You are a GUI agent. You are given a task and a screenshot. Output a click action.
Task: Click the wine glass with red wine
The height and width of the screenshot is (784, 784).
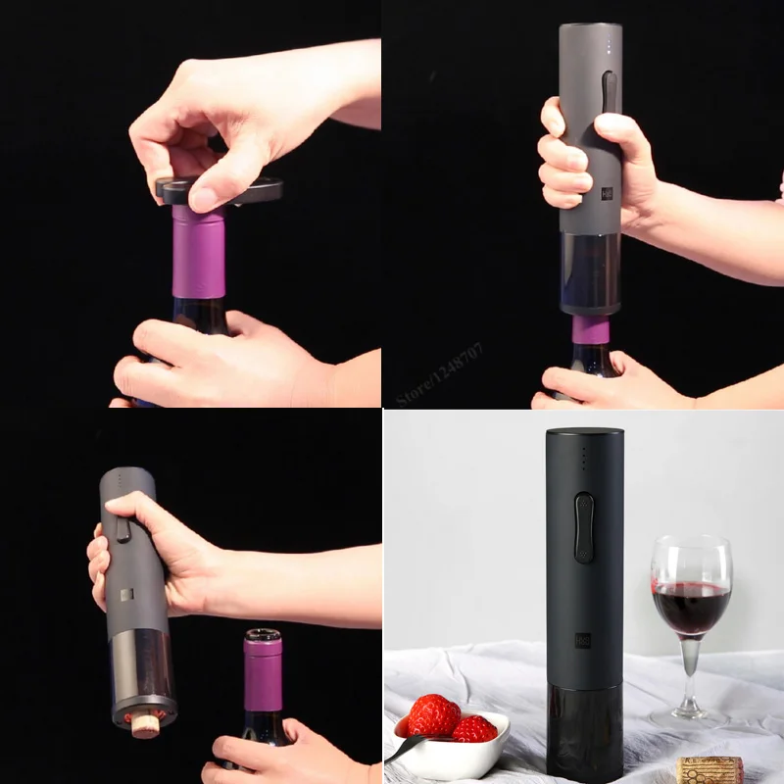point(691,598)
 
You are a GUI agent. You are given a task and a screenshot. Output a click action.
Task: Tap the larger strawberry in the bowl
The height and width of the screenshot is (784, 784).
point(433,715)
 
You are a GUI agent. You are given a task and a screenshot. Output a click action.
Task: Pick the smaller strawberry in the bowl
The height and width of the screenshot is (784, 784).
point(474,729)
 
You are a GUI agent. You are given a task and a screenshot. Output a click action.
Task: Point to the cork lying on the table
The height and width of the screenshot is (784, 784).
point(710,769)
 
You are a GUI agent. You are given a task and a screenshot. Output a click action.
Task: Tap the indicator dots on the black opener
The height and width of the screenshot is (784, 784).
point(584,460)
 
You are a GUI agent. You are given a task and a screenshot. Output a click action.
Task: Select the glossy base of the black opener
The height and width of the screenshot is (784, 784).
point(584,730)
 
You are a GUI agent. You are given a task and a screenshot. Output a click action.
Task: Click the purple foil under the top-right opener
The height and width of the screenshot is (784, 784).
point(590,329)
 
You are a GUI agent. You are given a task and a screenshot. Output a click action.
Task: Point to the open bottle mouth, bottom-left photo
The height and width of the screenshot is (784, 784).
point(262,637)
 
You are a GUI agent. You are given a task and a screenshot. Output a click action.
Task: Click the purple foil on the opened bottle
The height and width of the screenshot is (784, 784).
point(262,676)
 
